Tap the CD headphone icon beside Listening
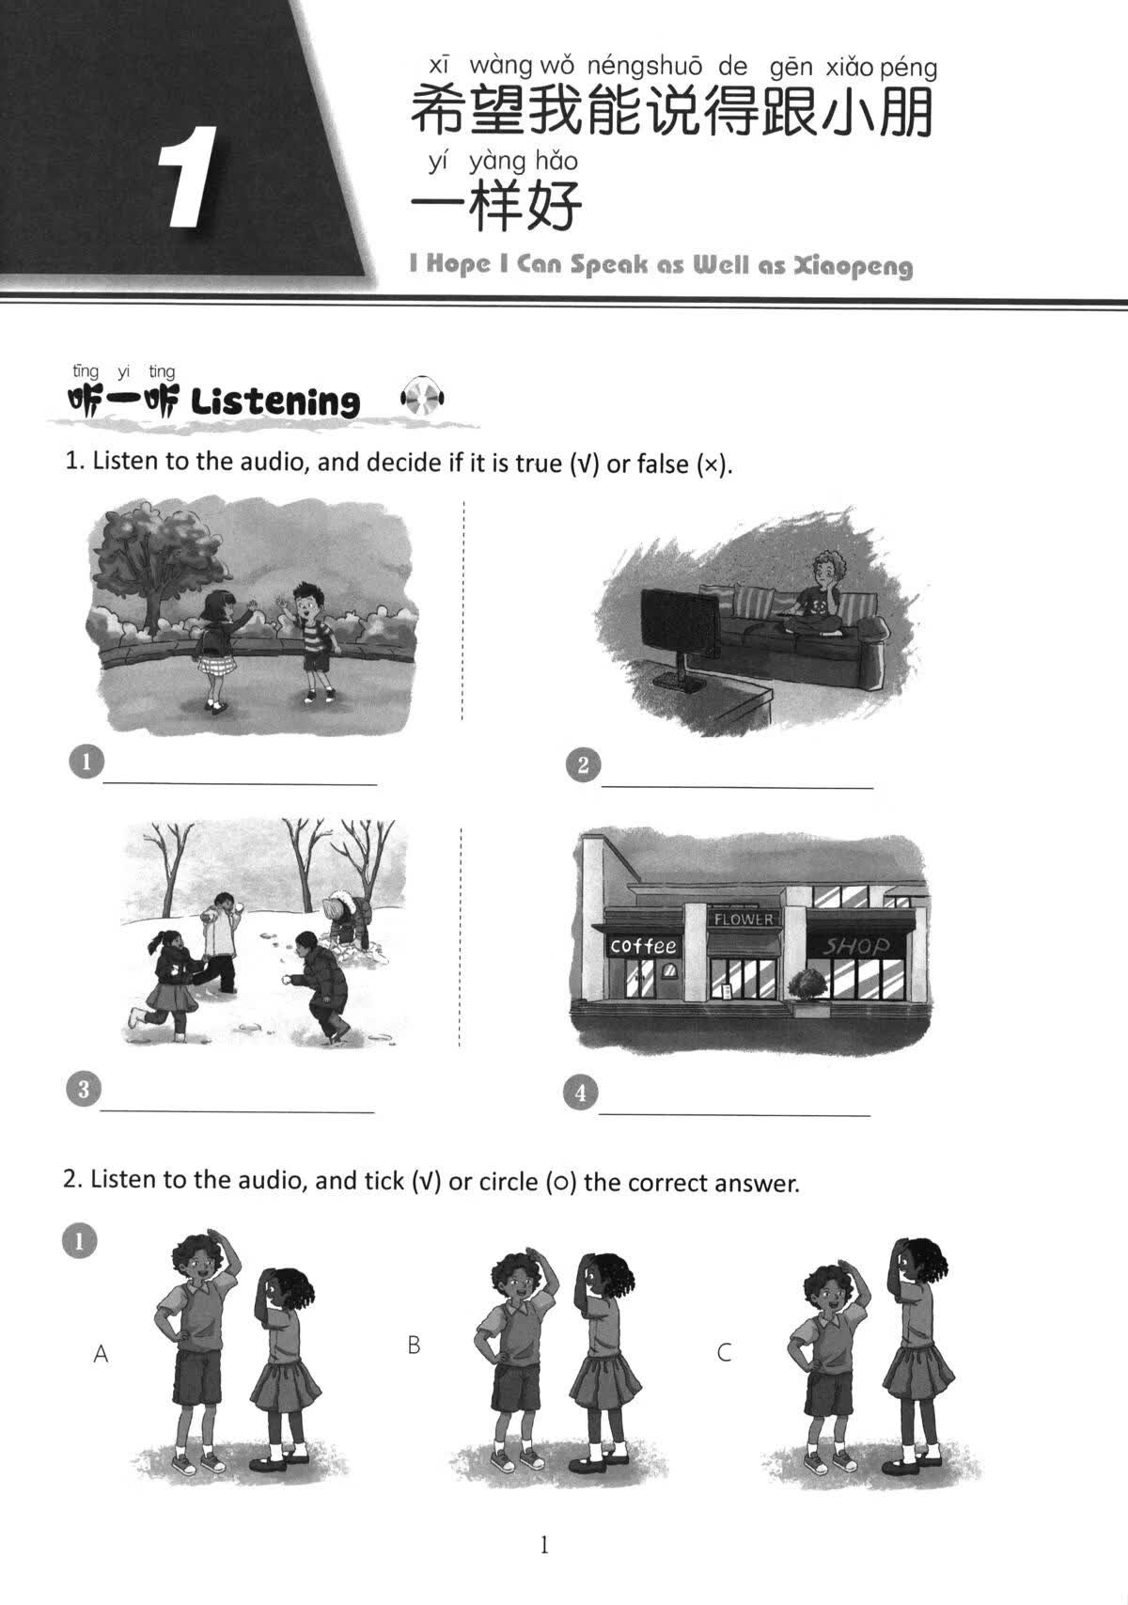(423, 401)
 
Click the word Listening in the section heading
(274, 402)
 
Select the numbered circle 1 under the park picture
(86, 762)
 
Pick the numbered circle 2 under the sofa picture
(583, 765)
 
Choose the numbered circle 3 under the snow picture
(84, 1090)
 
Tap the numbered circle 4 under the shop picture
(580, 1093)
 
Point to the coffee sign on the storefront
(643, 945)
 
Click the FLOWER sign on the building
(743, 919)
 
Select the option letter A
(102, 1354)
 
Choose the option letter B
(414, 1345)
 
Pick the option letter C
(724, 1353)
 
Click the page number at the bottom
(543, 1545)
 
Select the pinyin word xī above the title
(439, 65)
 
